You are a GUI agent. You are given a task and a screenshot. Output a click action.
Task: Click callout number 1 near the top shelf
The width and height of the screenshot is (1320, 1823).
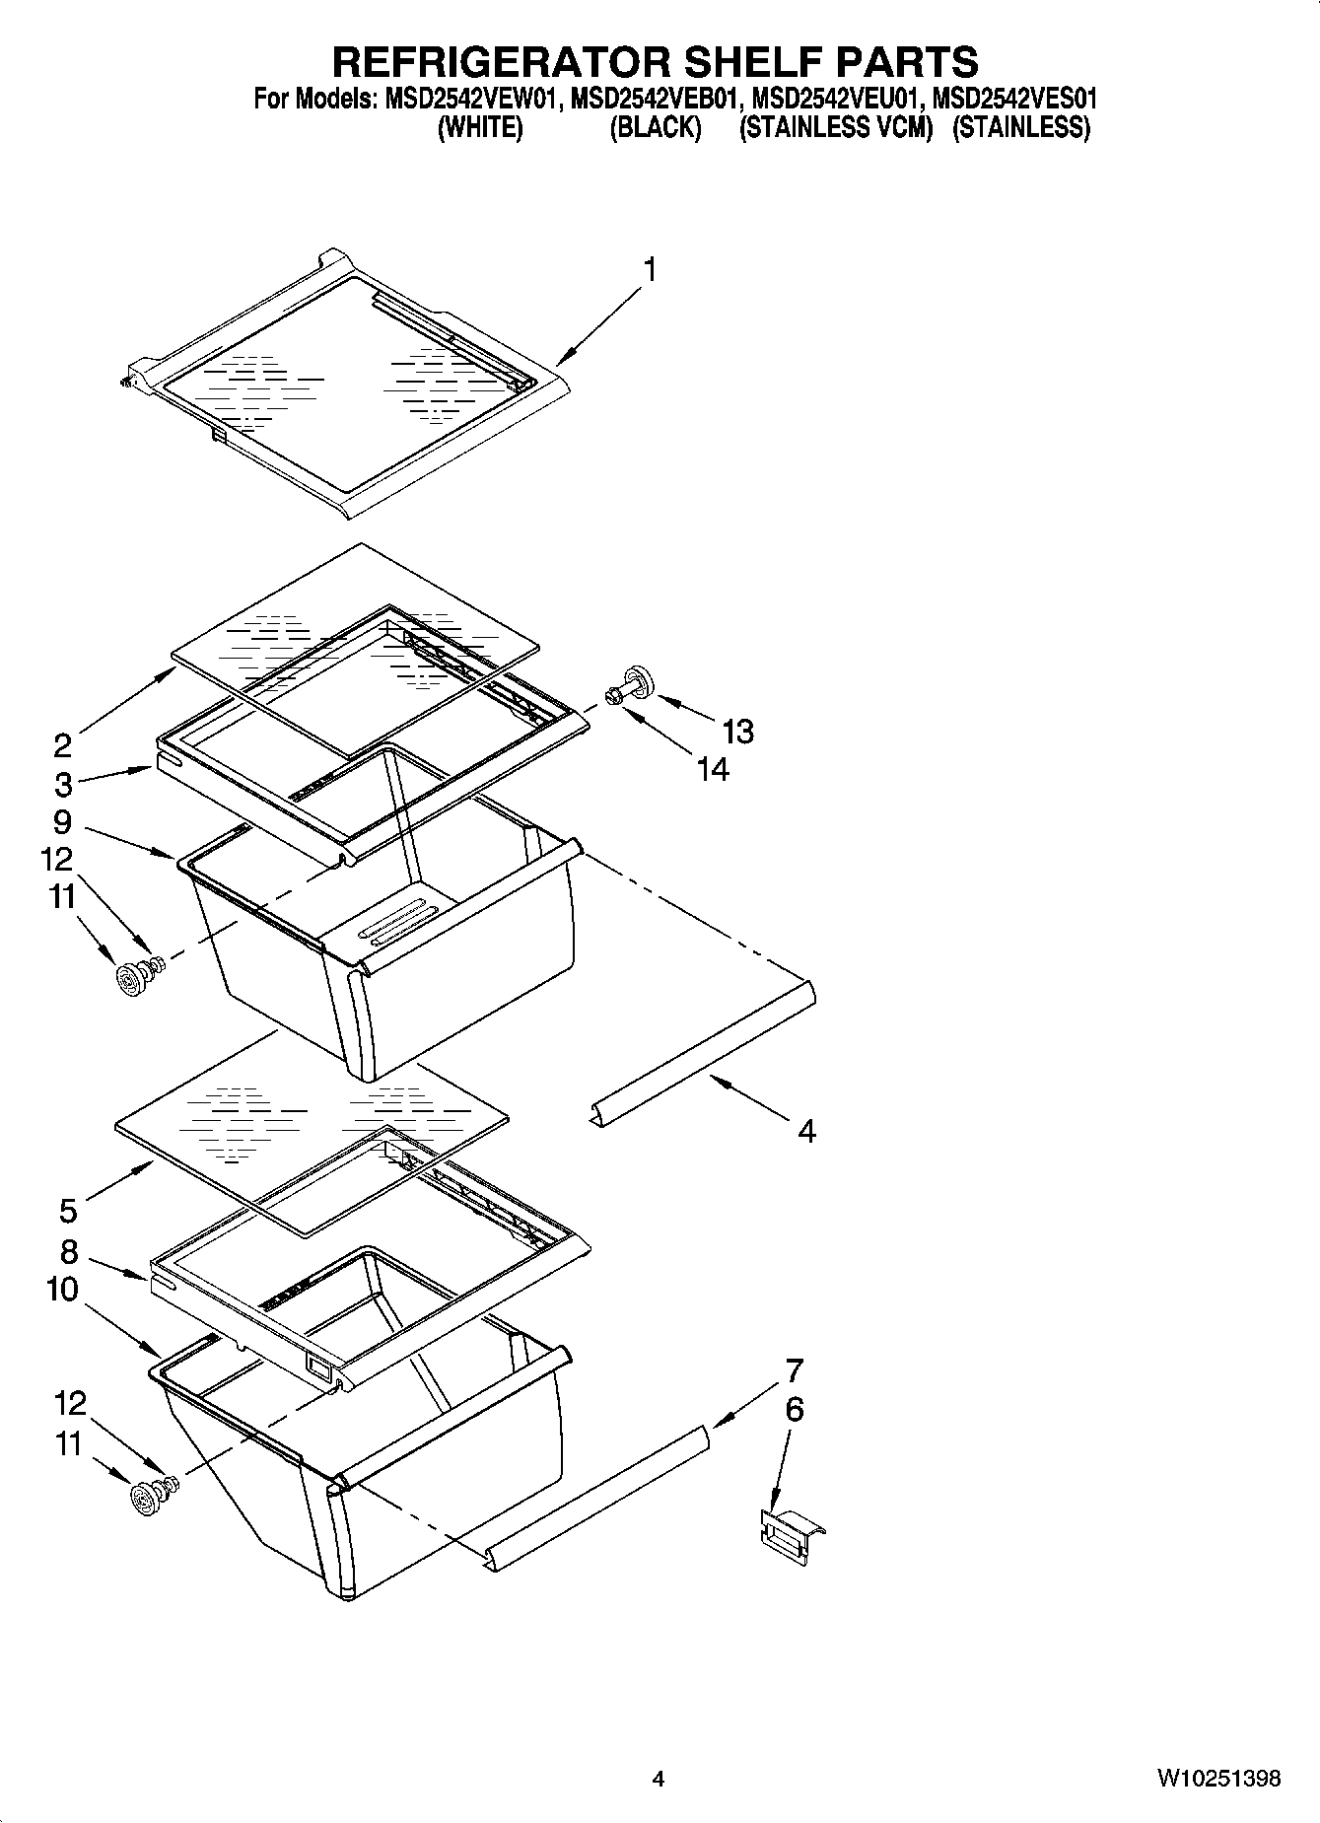pyautogui.click(x=650, y=269)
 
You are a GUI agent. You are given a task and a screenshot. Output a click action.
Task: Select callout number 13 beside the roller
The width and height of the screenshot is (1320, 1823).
pyautogui.click(x=737, y=731)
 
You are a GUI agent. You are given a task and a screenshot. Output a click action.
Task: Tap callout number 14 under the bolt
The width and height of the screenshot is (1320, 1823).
pyautogui.click(x=713, y=768)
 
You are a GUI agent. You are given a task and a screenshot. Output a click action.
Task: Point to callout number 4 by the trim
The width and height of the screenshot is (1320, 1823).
pyautogui.click(x=806, y=1131)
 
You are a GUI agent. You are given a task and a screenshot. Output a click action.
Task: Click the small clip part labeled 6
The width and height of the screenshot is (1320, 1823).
pyautogui.click(x=789, y=1534)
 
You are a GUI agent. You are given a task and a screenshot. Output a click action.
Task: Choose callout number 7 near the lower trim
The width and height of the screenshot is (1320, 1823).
pyautogui.click(x=794, y=1370)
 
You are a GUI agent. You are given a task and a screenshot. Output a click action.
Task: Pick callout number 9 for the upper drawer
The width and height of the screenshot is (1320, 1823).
pyautogui.click(x=62, y=821)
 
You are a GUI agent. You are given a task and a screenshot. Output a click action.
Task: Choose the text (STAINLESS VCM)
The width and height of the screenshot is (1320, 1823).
pyautogui.click(x=836, y=128)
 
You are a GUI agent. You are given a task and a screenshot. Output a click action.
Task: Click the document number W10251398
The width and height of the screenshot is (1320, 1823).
pyautogui.click(x=1218, y=1779)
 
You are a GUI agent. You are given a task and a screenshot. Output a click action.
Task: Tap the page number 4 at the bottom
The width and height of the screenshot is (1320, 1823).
pyautogui.click(x=659, y=1779)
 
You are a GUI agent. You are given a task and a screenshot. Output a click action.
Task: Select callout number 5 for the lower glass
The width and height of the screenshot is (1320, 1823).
pyautogui.click(x=68, y=1210)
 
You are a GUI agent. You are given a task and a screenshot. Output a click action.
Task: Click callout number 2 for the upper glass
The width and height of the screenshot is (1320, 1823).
pyautogui.click(x=62, y=744)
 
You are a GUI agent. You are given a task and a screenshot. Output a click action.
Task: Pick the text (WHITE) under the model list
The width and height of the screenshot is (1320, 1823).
pyautogui.click(x=480, y=128)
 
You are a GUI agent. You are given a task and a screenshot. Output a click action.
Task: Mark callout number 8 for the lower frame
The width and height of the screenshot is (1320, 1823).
pyautogui.click(x=68, y=1251)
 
